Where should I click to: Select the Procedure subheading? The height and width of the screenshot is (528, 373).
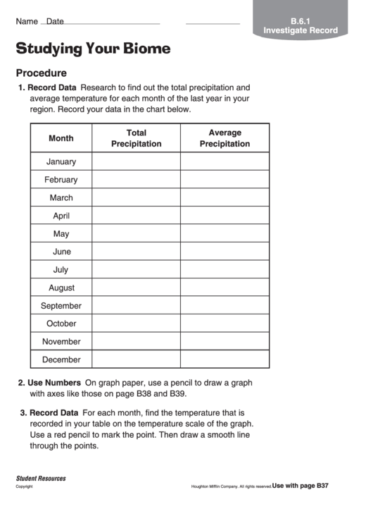click(x=42, y=73)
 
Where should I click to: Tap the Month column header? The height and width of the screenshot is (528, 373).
click(x=61, y=138)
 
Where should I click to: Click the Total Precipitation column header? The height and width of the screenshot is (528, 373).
click(x=137, y=138)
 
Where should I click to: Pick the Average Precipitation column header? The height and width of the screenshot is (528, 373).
click(x=225, y=138)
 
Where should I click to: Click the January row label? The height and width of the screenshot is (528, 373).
click(x=61, y=161)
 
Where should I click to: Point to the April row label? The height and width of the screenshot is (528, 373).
click(x=61, y=216)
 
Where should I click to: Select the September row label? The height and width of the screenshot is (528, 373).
click(x=61, y=306)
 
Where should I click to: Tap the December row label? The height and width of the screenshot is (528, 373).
click(x=61, y=360)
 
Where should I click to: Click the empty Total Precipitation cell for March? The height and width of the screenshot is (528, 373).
click(x=137, y=198)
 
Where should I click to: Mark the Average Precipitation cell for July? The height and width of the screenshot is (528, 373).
click(x=225, y=270)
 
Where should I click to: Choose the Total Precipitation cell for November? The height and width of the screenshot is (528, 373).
click(x=137, y=342)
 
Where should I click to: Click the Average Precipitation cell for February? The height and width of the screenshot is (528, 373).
click(x=225, y=180)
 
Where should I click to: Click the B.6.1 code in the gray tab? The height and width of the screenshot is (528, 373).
click(x=301, y=20)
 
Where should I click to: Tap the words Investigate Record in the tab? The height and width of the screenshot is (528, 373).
click(x=301, y=30)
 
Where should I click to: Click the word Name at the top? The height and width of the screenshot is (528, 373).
click(x=27, y=21)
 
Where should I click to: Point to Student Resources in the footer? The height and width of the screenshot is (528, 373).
click(x=41, y=478)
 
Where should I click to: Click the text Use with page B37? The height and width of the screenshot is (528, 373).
click(x=301, y=486)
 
